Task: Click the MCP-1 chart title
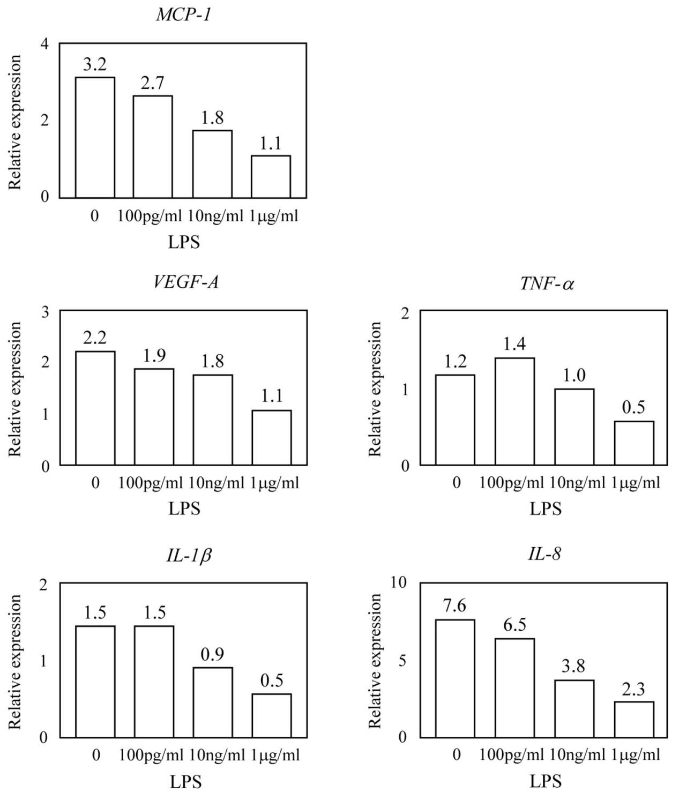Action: tap(183, 14)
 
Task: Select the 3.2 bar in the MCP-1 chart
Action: tap(95, 138)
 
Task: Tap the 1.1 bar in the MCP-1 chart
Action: tap(271, 177)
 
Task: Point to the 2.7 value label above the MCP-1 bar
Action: tap(153, 84)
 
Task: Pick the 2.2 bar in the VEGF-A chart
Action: tap(95, 408)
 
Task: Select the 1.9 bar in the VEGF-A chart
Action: tap(154, 417)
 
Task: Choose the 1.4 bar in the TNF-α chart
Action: tap(514, 412)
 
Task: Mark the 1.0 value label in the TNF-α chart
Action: tap(574, 376)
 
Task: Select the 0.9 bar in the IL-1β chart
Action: tap(213, 702)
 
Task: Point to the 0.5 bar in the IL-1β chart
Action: tap(272, 716)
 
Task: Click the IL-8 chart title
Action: tap(544, 554)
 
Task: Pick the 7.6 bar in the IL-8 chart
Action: tap(455, 679)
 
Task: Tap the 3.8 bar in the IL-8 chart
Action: tap(574, 709)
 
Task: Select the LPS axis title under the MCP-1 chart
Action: tap(184, 242)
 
